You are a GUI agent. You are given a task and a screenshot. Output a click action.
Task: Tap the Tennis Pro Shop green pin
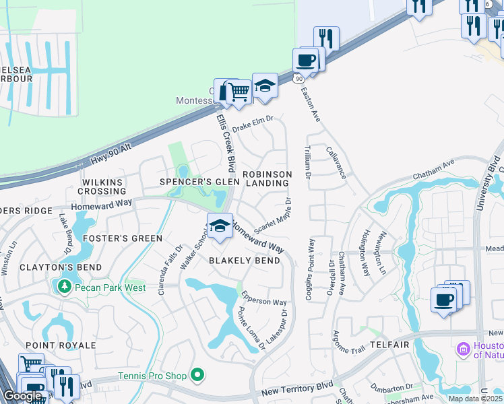click(x=197, y=374)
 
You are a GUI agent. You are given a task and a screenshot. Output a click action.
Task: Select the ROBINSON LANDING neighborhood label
click(x=267, y=178)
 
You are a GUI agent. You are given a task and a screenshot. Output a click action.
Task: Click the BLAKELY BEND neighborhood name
click(x=244, y=261)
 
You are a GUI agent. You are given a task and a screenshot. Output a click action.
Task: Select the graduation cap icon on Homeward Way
click(x=220, y=227)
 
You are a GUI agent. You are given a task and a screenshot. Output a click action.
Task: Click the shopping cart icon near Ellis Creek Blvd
click(x=238, y=91)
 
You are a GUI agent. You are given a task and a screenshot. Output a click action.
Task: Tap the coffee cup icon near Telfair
click(x=443, y=300)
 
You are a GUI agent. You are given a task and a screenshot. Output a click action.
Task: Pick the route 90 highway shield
click(x=298, y=79)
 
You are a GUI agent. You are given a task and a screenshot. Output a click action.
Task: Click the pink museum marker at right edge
click(x=463, y=349)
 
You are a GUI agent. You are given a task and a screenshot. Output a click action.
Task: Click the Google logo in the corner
click(x=22, y=396)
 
